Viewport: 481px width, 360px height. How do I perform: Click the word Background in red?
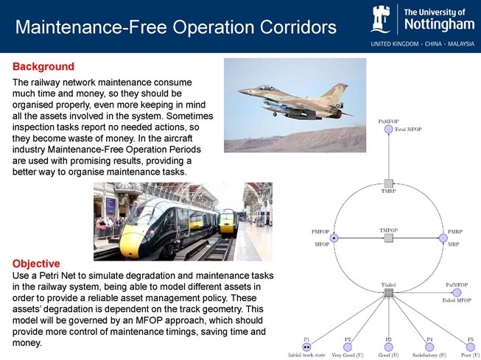pyautogui.click(x=43, y=66)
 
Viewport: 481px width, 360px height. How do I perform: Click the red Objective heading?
pyautogui.click(x=36, y=263)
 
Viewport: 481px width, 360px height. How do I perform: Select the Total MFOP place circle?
pyautogui.click(x=388, y=129)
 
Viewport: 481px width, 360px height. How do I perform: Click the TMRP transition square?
pyautogui.click(x=388, y=183)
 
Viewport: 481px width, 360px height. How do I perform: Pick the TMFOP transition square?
pyautogui.click(x=388, y=238)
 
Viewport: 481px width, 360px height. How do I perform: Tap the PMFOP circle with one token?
pyautogui.click(x=334, y=238)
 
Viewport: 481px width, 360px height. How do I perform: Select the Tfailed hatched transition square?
pyautogui.click(x=388, y=293)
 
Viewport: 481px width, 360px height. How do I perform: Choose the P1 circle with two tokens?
pyautogui.click(x=306, y=347)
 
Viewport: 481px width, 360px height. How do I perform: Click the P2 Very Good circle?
pyautogui.click(x=347, y=347)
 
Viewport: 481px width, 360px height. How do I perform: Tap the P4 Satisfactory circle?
pyautogui.click(x=429, y=347)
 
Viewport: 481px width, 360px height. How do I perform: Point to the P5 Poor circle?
pyautogui.click(x=470, y=347)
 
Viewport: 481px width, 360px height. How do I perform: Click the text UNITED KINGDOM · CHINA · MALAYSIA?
pyautogui.click(x=421, y=43)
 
